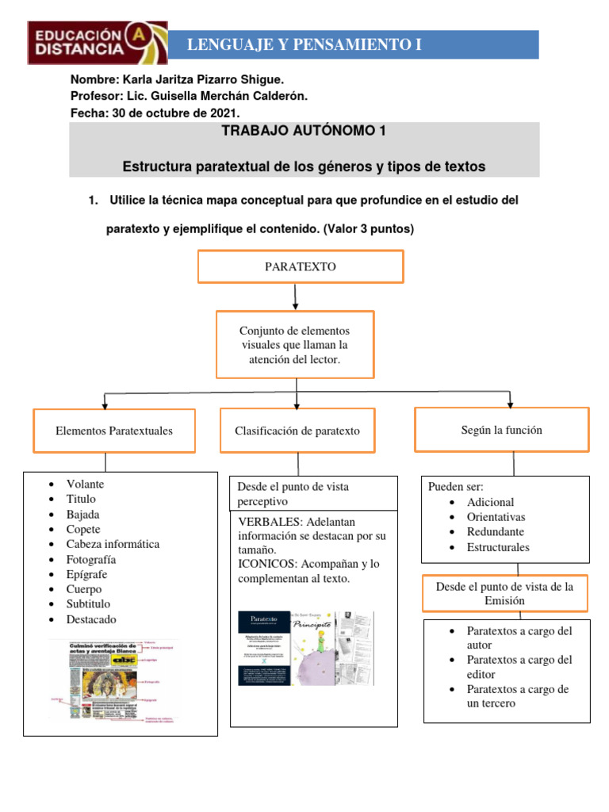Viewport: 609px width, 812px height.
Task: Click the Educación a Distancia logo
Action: click(98, 42)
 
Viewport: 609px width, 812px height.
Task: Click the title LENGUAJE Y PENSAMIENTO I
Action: click(304, 45)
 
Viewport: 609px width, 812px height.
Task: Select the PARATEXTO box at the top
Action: click(300, 266)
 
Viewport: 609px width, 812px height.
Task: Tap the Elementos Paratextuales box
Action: click(113, 431)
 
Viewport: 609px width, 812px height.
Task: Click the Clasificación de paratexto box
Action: click(297, 431)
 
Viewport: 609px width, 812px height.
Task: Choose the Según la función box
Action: click(501, 429)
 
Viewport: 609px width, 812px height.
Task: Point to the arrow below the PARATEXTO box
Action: click(296, 297)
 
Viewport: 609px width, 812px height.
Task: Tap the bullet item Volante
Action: click(85, 484)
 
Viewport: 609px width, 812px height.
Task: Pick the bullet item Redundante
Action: click(496, 532)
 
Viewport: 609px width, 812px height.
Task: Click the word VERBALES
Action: click(268, 521)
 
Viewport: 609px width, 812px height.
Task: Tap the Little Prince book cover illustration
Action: click(322, 649)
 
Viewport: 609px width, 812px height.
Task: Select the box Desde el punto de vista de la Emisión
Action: click(504, 593)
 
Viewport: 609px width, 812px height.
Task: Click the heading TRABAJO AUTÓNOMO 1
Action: click(304, 131)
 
